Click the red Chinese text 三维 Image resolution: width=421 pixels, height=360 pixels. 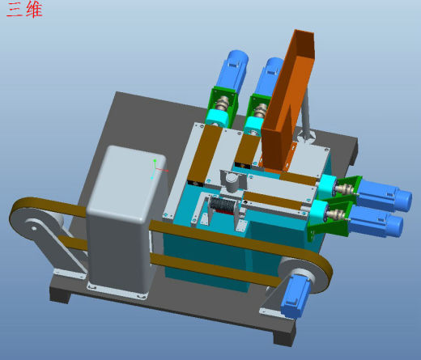pos(24,10)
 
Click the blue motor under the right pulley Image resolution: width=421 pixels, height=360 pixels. pos(294,295)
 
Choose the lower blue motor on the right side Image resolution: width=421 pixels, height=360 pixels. pos(376,222)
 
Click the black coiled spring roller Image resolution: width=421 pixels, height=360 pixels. pos(221,205)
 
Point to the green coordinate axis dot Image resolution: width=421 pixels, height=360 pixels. pos(155,161)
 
